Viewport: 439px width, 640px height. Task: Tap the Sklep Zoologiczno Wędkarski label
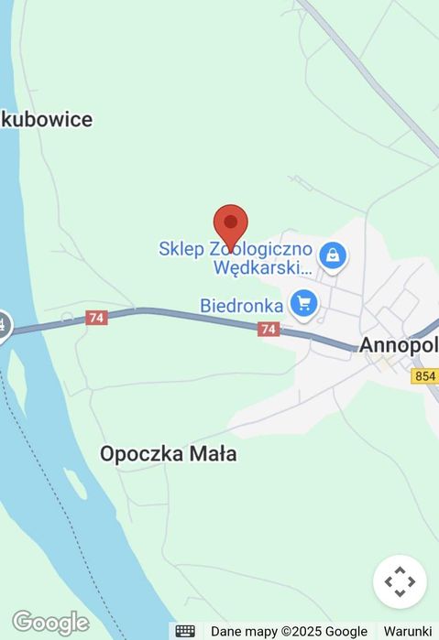point(236,258)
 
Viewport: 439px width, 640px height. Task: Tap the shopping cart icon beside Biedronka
point(303,303)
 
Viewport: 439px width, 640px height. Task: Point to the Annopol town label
point(397,346)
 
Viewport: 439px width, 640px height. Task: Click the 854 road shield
point(425,376)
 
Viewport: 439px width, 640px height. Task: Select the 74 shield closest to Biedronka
point(269,329)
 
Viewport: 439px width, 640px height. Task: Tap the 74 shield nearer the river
point(96,318)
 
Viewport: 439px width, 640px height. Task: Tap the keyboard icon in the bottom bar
point(185,631)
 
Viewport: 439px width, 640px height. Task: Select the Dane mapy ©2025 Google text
point(289,631)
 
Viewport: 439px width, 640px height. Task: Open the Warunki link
point(407,631)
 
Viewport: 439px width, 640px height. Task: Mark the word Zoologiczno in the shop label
point(261,249)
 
